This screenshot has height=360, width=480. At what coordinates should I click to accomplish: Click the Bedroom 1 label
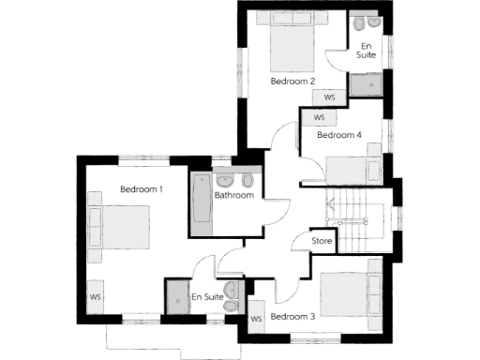[142, 189]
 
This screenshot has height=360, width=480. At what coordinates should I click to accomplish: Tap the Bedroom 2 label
[292, 82]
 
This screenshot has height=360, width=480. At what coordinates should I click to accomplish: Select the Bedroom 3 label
[292, 316]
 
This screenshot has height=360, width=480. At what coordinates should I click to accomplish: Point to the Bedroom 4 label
[338, 135]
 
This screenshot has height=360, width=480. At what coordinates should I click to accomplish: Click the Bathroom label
[233, 196]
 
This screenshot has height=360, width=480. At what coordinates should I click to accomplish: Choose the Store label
[322, 242]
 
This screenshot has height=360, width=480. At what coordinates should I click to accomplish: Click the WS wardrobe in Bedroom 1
[96, 297]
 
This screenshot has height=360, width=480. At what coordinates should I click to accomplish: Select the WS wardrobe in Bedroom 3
[256, 320]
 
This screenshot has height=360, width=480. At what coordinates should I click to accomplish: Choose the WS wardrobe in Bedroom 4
[319, 118]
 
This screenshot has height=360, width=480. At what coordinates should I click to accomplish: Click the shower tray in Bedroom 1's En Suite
[175, 293]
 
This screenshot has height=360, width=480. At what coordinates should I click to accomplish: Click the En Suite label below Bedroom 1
[207, 297]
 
